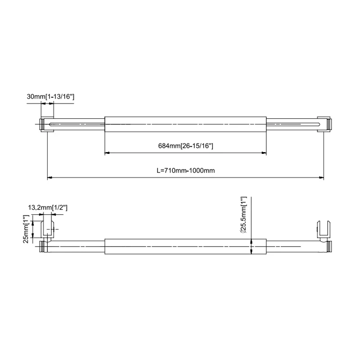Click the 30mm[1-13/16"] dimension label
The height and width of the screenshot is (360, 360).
[50, 97]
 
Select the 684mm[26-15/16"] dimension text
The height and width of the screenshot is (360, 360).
[185, 146]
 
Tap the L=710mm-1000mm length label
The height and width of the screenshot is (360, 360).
[185, 171]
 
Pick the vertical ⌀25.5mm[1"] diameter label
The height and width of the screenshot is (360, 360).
[244, 216]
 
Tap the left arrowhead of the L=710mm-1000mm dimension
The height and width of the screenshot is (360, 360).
[50, 178]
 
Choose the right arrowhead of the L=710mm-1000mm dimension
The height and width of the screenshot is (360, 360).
[321, 178]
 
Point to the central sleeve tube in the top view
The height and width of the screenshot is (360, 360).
[185, 124]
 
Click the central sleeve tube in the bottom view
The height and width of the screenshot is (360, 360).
[185, 247]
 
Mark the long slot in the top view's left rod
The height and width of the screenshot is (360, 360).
[76, 124]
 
